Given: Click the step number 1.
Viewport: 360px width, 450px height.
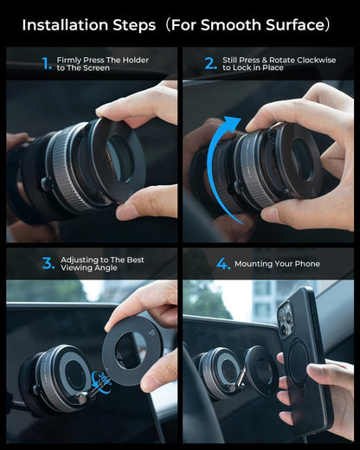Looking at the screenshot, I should coord(47,63).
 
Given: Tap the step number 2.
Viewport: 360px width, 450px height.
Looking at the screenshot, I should coord(209,63).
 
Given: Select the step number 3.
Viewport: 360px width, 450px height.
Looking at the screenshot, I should coord(48,263).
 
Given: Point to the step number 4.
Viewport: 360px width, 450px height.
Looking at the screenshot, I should coord(223,263).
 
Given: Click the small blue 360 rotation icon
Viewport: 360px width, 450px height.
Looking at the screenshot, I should coord(101,377).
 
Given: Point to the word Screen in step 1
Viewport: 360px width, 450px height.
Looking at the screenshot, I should coord(97,67).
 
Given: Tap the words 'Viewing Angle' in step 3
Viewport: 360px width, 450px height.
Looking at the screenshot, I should coord(90,268).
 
